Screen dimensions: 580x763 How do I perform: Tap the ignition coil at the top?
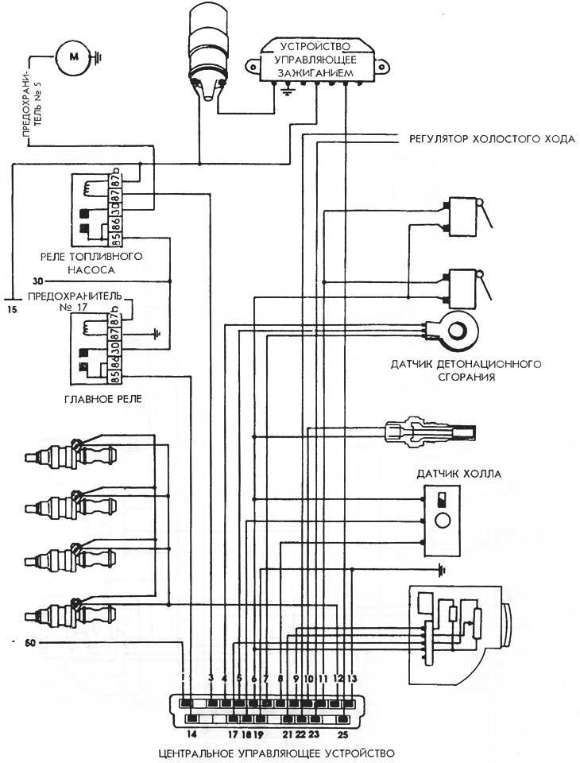pos(208,51)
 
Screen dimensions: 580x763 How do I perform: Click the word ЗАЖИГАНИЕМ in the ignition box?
pos(315,73)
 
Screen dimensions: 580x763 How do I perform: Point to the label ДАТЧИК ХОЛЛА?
pos(458,474)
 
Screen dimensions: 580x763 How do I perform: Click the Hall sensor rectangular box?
pos(442,521)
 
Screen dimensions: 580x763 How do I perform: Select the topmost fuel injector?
pos(71,455)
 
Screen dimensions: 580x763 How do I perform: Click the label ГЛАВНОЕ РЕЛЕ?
pos(103,399)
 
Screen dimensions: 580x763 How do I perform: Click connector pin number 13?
pos(352,679)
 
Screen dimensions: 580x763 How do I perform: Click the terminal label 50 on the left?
pos(30,643)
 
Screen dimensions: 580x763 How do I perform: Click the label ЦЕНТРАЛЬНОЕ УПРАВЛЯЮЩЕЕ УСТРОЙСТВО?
pos(276,753)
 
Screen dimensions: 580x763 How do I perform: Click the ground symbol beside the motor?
pos(97,56)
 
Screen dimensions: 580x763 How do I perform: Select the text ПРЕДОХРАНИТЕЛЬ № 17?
pos(75,301)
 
